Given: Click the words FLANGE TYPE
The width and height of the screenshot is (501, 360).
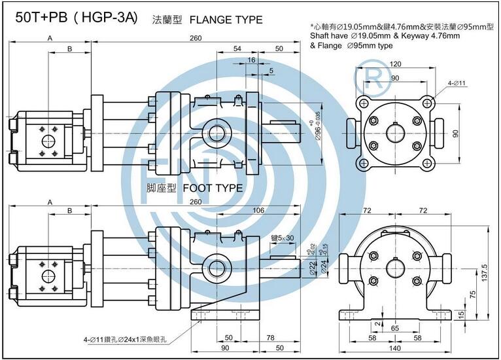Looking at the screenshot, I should pos(226,20).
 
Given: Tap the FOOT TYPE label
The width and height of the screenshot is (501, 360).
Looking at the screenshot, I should pos(213,188).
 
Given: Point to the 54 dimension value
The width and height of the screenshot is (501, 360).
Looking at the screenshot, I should pos(237,49).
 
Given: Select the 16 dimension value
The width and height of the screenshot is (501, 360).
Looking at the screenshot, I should pos(252,60).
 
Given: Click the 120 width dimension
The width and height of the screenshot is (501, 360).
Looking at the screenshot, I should pos(396,65).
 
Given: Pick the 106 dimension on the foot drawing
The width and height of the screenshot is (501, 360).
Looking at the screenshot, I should pos(258,210).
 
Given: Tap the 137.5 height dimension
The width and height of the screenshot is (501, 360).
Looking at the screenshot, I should pos(484,270).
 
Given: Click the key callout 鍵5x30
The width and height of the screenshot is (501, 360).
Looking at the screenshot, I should pos(282,238).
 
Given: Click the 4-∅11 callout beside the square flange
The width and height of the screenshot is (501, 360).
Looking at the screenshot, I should pos(456,83).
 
